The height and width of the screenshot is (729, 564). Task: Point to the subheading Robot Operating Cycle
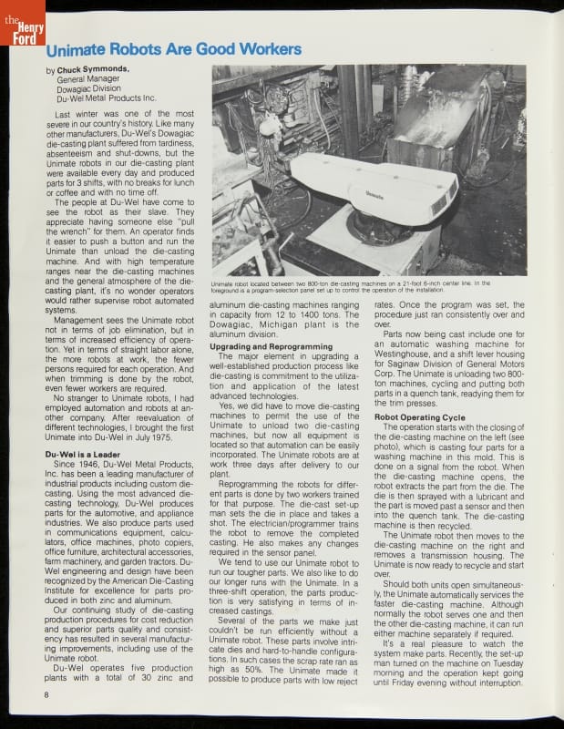point(415,416)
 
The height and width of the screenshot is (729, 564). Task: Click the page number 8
point(45,695)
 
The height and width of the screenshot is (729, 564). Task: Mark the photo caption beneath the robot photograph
point(368,287)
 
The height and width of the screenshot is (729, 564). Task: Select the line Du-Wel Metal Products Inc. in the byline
point(106,98)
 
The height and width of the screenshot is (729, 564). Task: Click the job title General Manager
point(87,79)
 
